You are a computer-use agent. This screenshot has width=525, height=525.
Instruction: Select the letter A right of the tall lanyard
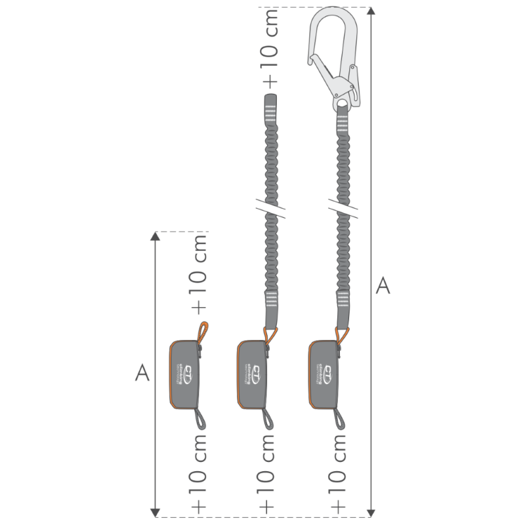coord(383,285)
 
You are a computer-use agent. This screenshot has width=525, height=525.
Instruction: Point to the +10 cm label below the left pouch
coord(198,471)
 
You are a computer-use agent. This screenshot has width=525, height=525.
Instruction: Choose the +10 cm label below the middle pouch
coord(268,471)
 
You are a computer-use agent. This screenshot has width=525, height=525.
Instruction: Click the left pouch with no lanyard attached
coord(186,374)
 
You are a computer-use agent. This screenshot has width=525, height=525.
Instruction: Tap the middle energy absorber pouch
coord(252,374)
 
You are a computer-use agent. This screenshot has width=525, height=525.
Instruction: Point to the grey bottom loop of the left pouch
coord(199,419)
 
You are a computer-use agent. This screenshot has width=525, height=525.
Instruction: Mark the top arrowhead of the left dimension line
coord(156,238)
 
